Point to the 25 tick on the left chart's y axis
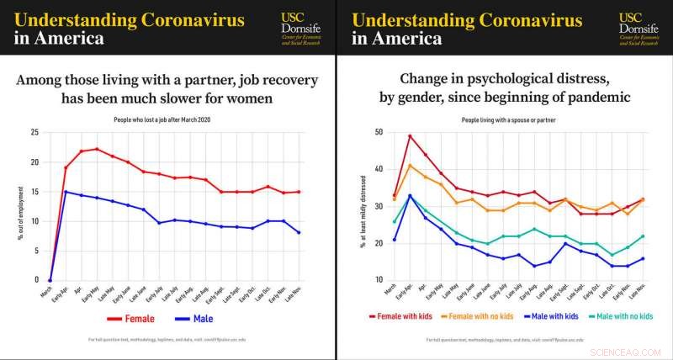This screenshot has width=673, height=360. click(34, 133)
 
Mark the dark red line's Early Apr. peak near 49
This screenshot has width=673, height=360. click(410, 136)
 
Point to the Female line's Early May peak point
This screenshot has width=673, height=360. click(97, 149)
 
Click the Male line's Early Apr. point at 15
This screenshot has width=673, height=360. click(66, 192)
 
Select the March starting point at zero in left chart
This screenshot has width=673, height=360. click(50, 280)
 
